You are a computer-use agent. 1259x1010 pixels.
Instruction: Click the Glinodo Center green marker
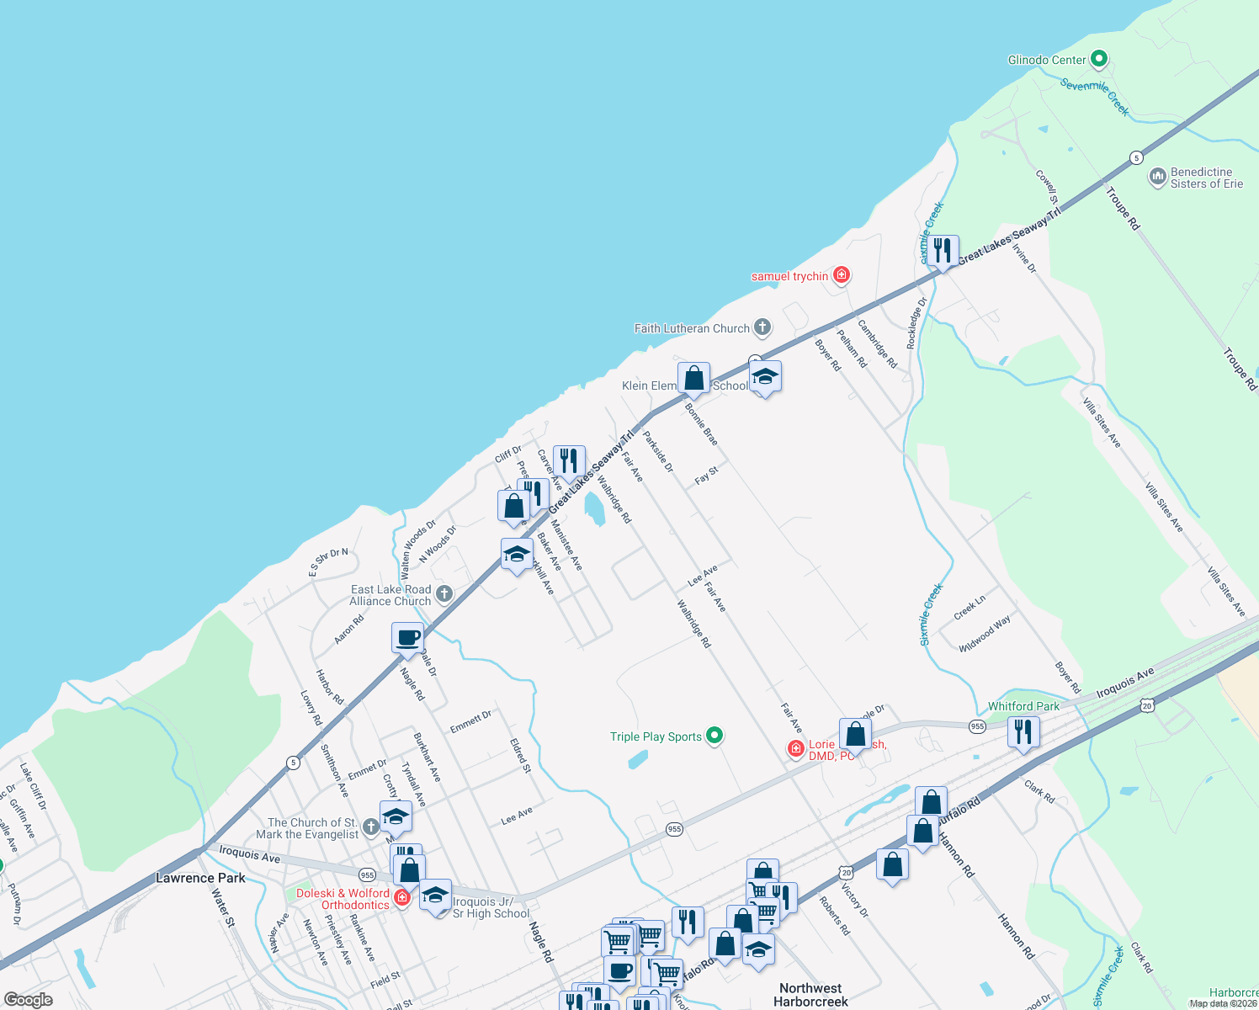[x=1098, y=60]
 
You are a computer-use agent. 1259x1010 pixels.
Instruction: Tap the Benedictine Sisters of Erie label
[x=1206, y=178]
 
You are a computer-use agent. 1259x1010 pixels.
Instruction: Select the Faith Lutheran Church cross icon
[x=762, y=327]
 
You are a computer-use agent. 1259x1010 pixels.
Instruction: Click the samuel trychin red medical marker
[x=841, y=275]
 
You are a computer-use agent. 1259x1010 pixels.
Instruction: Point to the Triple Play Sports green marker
[x=714, y=736]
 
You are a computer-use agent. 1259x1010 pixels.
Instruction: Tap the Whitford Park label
[x=1023, y=706]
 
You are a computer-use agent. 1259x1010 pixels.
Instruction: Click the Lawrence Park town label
[x=200, y=878]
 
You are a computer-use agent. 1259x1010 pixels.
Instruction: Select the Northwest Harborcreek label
[x=810, y=995]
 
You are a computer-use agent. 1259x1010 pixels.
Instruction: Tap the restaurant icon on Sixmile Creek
[x=943, y=250]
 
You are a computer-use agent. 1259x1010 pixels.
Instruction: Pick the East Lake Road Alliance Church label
[x=390, y=595]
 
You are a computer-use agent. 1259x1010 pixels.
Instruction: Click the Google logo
[x=29, y=999]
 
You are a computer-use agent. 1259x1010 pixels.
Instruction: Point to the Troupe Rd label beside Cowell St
[x=1123, y=208]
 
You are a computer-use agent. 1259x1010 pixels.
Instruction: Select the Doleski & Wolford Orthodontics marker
[x=402, y=898]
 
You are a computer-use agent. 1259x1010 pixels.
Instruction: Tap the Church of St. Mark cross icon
[x=371, y=828]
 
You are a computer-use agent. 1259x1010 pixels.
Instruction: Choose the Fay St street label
[x=706, y=476]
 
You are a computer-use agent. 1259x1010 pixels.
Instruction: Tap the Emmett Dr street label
[x=470, y=721]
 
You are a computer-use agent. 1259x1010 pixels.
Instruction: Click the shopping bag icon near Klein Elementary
[x=693, y=379]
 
